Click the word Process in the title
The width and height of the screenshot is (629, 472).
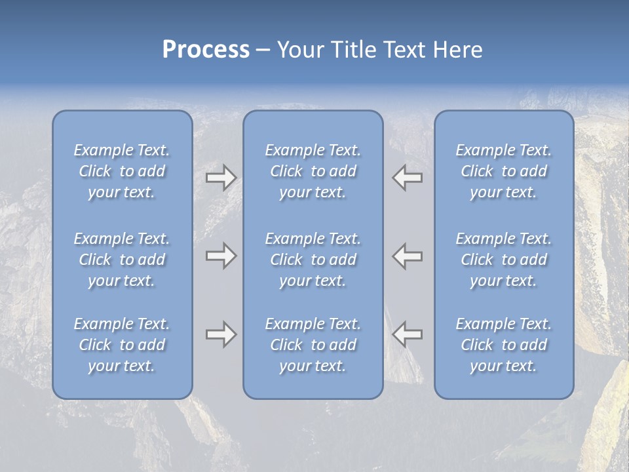click(x=206, y=50)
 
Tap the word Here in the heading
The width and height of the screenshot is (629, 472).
click(x=457, y=50)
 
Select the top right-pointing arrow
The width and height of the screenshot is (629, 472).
click(x=221, y=178)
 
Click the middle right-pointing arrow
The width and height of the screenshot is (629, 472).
click(x=221, y=256)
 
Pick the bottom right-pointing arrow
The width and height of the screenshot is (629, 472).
click(x=221, y=334)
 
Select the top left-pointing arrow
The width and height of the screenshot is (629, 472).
click(x=408, y=178)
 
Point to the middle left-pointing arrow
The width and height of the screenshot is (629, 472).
click(x=408, y=256)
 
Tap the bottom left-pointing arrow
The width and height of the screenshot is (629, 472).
click(x=408, y=334)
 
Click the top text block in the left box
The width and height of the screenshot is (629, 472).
click(x=122, y=171)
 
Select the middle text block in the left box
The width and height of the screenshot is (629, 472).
click(x=122, y=260)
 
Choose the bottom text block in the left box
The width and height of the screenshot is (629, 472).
click(x=122, y=345)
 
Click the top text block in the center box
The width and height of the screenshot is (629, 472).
click(x=313, y=171)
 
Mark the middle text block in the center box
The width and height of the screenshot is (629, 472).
click(x=313, y=260)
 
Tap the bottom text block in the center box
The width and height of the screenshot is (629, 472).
click(x=313, y=345)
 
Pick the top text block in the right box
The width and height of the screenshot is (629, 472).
click(x=503, y=171)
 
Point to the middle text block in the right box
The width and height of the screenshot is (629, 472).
click(x=503, y=260)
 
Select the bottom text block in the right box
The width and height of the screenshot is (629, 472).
click(x=503, y=345)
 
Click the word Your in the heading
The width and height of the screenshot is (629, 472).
click(x=297, y=50)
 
